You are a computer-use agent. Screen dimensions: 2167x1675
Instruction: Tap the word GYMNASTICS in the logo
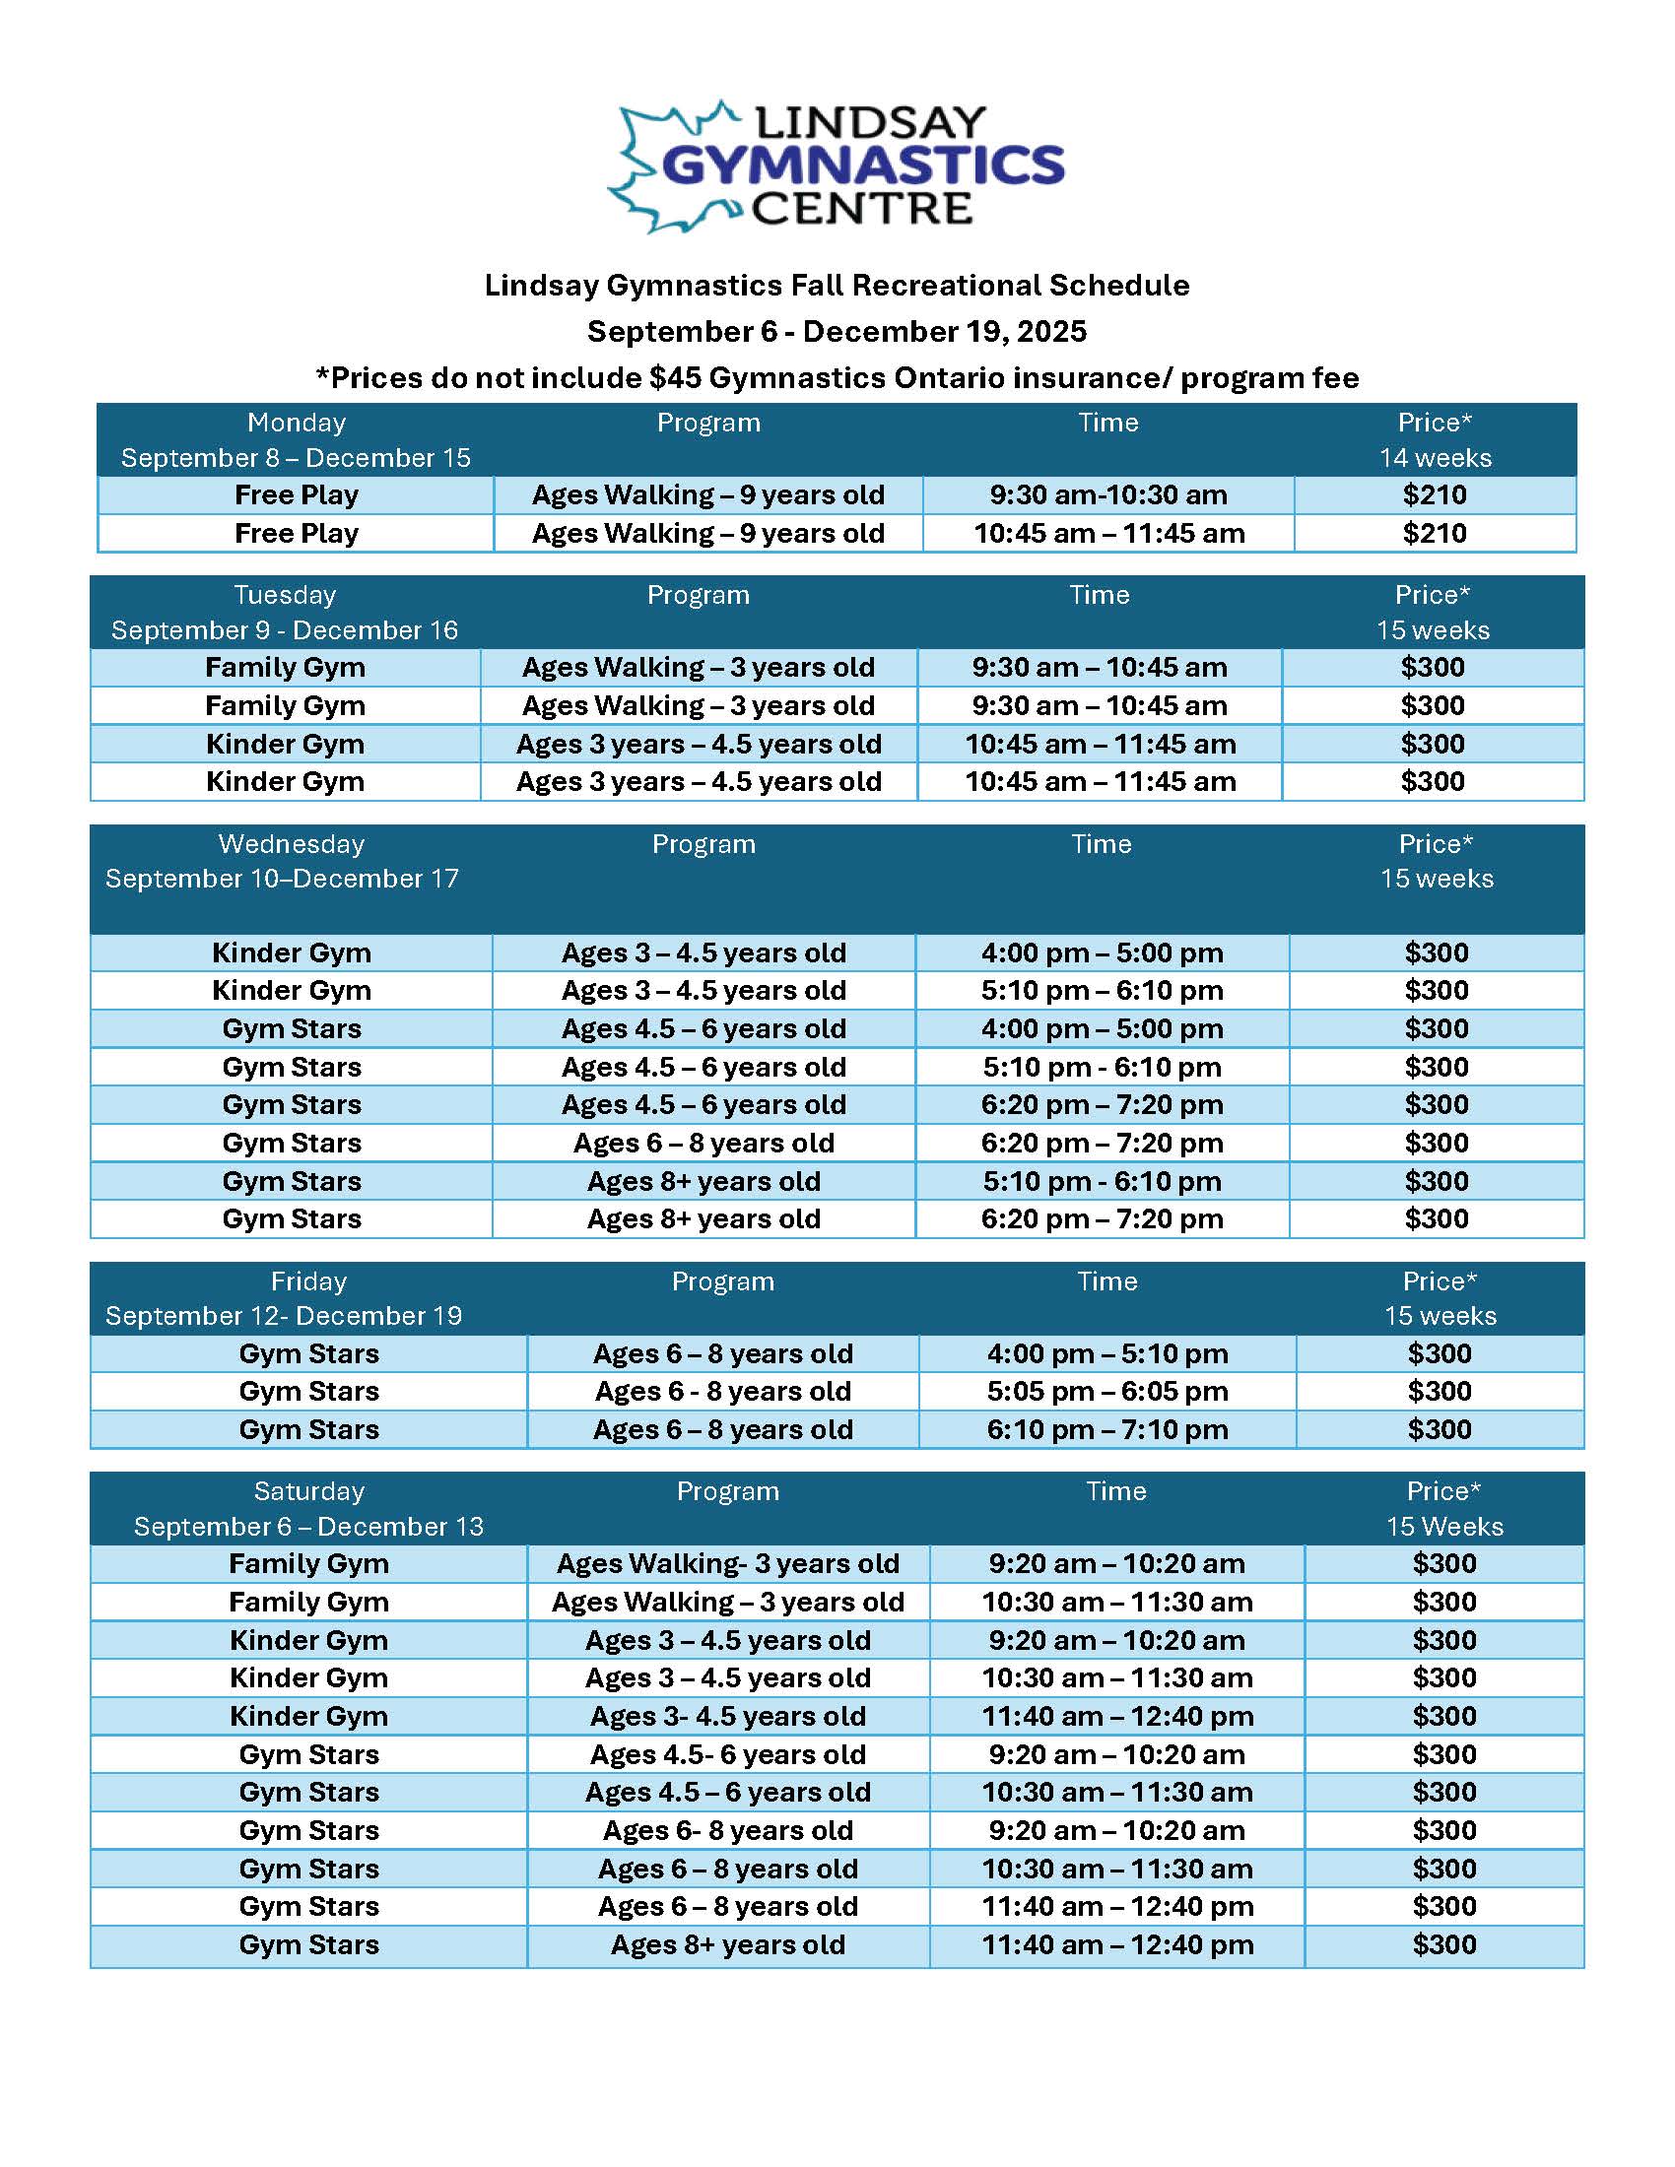(x=862, y=165)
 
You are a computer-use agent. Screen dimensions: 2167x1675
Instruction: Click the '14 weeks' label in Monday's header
(x=1435, y=457)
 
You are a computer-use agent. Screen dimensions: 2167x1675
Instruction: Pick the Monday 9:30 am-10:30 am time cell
(x=1107, y=495)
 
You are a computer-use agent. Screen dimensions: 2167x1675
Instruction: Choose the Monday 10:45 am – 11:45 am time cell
(x=1108, y=533)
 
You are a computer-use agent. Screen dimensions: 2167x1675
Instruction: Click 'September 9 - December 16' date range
(x=285, y=630)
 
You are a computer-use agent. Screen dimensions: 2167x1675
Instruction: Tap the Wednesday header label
(x=291, y=843)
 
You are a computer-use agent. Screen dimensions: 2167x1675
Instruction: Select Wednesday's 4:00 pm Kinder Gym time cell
(x=1102, y=952)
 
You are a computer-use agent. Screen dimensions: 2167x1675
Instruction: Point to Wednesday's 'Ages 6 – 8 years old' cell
(x=703, y=1143)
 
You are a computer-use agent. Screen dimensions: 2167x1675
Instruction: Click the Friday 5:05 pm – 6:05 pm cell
(x=1106, y=1391)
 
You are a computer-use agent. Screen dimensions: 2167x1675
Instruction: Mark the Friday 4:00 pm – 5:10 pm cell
(x=1106, y=1353)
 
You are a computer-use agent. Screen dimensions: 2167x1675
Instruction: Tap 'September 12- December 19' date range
(x=284, y=1316)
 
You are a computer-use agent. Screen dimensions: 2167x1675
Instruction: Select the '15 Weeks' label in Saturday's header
(x=1443, y=1526)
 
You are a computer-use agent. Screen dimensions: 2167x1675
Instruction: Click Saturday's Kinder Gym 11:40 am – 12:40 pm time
(x=1117, y=1716)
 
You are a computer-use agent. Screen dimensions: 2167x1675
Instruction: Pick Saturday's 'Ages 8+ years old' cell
(x=727, y=1944)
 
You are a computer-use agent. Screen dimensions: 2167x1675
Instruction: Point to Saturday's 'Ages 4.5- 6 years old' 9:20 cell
(x=727, y=1754)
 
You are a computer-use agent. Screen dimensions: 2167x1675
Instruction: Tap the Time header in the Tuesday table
(x=1099, y=594)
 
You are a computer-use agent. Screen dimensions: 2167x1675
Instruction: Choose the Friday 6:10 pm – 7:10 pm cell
(x=1106, y=1430)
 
